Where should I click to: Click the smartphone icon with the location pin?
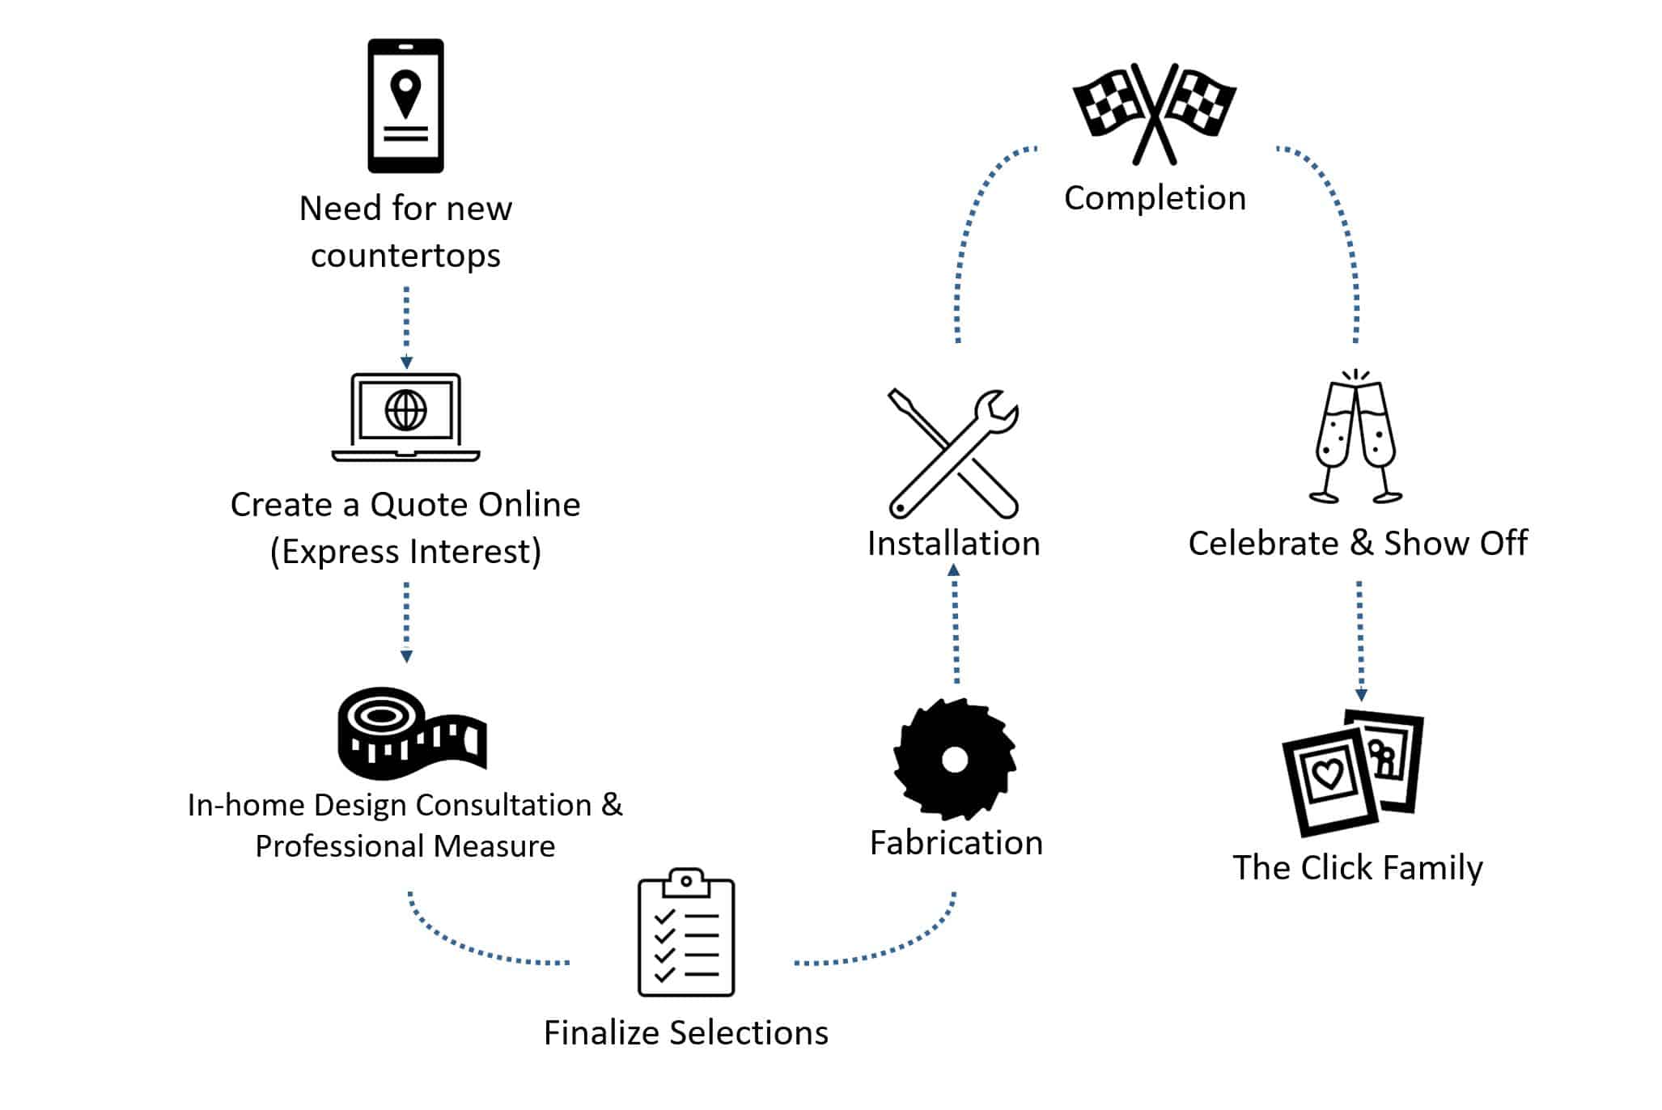[x=405, y=105]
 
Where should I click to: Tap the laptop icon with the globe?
[x=405, y=417]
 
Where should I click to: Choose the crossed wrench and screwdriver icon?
[x=953, y=453]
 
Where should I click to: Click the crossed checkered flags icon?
[x=1154, y=112]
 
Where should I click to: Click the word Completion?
[x=1155, y=198]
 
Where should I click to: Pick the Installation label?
[x=953, y=544]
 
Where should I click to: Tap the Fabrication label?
[x=956, y=843]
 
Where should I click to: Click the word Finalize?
[x=602, y=1033]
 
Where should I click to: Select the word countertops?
[x=405, y=256]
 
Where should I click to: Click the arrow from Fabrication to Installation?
[x=955, y=623]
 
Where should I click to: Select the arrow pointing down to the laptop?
[x=406, y=328]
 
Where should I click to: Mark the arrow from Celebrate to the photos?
[x=1360, y=639]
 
